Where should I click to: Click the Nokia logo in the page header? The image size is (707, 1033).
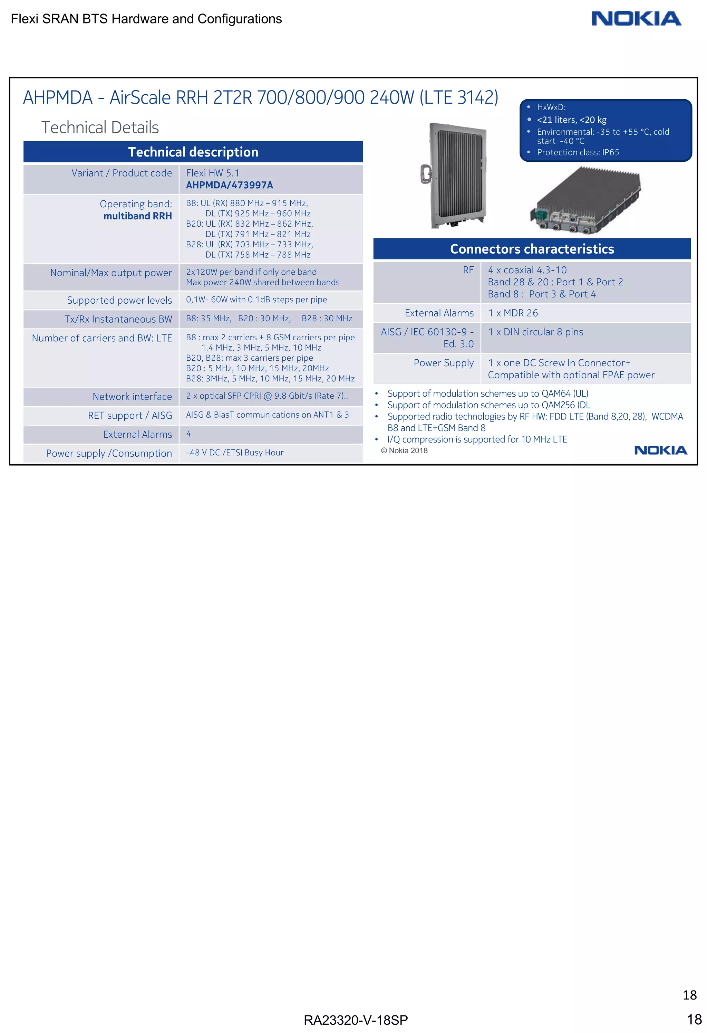coord(636,19)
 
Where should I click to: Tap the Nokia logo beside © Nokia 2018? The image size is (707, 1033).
coord(660,450)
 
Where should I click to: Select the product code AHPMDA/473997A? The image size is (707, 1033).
coord(229,185)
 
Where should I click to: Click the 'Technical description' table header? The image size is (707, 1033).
coord(193,152)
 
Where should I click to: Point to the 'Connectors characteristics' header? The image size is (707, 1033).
coord(532,249)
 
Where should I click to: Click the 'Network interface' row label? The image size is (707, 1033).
coord(132,397)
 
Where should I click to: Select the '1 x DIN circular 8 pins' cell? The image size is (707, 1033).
coord(535,332)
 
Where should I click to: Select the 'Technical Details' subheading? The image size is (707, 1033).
coord(100,127)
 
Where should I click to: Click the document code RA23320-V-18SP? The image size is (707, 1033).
coord(355,1020)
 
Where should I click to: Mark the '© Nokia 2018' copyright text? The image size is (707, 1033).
coord(404,451)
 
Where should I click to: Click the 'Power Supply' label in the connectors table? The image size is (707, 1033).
coord(443,363)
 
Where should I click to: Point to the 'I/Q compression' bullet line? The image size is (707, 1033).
coord(477,439)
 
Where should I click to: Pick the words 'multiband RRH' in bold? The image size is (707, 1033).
coord(137,216)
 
